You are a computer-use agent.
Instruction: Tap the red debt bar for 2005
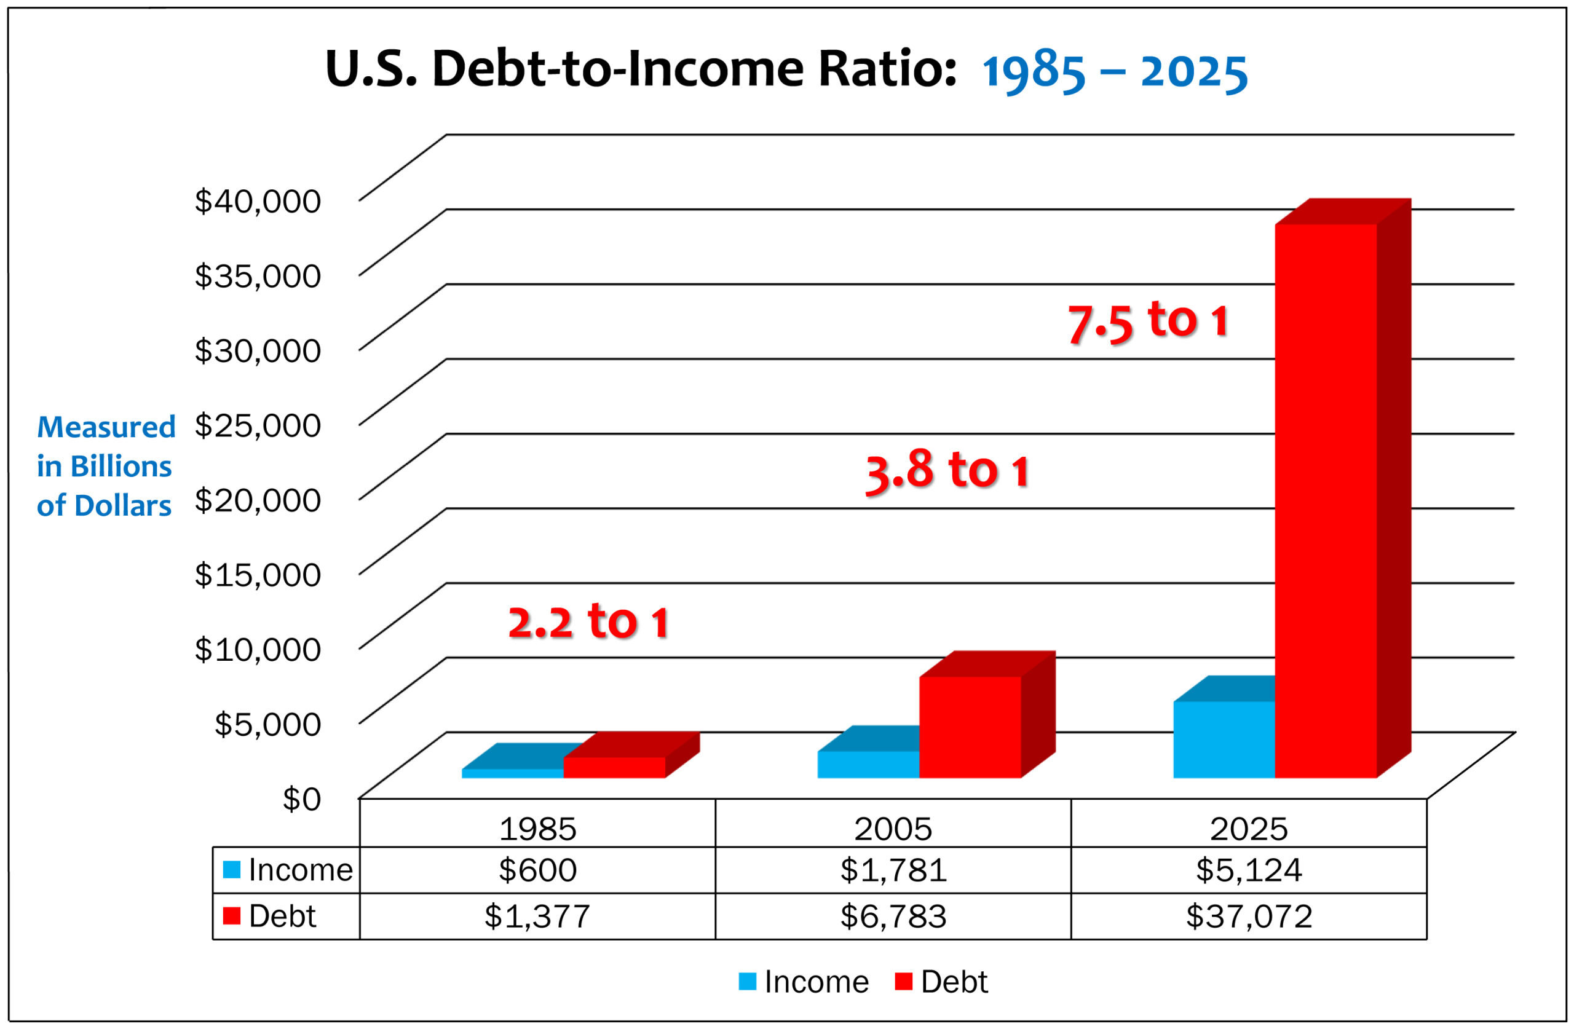(x=970, y=727)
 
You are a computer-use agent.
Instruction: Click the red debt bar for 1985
(x=614, y=767)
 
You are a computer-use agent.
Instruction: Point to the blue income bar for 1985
(x=512, y=773)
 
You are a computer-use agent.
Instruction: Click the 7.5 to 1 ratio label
(x=1148, y=322)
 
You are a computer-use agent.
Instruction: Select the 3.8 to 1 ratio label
(x=946, y=471)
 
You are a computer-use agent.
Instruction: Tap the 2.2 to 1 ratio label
(x=588, y=622)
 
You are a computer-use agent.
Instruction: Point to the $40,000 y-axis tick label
(x=257, y=201)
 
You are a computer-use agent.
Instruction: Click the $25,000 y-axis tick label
(x=257, y=425)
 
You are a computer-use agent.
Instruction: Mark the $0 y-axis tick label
(x=301, y=799)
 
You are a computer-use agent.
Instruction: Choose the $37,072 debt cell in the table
(x=1249, y=917)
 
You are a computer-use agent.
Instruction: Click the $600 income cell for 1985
(x=537, y=870)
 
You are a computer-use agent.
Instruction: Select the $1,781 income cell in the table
(x=893, y=870)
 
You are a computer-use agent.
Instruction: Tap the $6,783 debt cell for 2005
(x=893, y=917)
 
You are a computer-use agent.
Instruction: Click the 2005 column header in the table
(x=893, y=829)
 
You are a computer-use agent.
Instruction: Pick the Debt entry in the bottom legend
(x=942, y=982)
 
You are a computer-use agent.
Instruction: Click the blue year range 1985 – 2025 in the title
(x=1114, y=71)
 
